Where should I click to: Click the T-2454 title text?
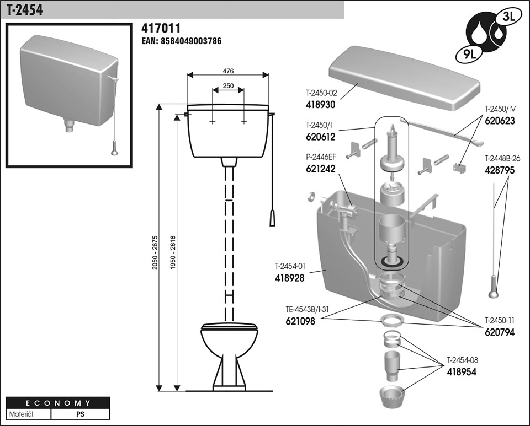click(x=25, y=10)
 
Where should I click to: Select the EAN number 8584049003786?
click(x=182, y=41)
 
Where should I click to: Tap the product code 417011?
click(x=161, y=28)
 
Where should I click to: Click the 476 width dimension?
click(x=227, y=71)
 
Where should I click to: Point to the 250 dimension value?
click(x=227, y=85)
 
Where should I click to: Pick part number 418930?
click(x=321, y=104)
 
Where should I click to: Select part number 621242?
click(x=321, y=169)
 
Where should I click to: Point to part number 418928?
click(x=290, y=278)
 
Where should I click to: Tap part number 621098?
click(x=300, y=321)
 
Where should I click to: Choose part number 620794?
click(x=500, y=332)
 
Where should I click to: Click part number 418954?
click(x=462, y=372)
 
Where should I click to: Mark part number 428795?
click(x=500, y=170)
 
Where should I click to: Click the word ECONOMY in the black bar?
click(x=57, y=403)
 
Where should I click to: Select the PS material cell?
click(x=80, y=413)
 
